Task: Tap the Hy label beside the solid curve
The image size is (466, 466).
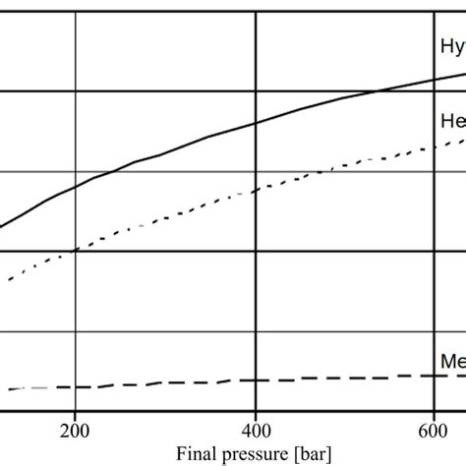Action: point(451,45)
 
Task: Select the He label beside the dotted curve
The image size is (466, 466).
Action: point(451,119)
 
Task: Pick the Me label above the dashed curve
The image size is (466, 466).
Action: point(451,363)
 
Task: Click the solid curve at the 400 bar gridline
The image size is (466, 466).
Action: point(256,123)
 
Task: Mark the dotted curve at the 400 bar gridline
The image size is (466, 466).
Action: point(256,190)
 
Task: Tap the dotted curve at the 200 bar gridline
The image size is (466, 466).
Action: point(75,250)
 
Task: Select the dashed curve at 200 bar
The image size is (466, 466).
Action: point(75,386)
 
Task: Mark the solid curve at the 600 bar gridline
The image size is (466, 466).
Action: point(434,80)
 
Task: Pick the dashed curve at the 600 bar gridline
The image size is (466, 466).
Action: point(434,375)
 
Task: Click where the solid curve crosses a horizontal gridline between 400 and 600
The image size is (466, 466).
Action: point(377,93)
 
